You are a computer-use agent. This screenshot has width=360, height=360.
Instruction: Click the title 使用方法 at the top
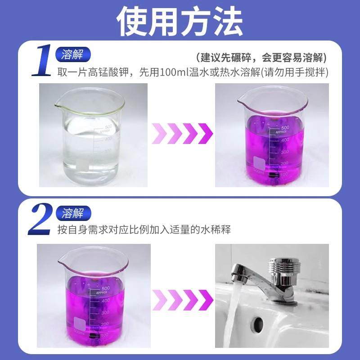click(180, 21)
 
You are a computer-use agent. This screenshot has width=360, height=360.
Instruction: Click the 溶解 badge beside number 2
click(73, 211)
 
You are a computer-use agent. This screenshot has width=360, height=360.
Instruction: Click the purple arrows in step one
click(182, 134)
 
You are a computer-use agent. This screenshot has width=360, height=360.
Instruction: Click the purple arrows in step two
click(182, 297)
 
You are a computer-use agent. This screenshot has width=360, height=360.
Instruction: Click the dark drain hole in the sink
click(258, 323)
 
